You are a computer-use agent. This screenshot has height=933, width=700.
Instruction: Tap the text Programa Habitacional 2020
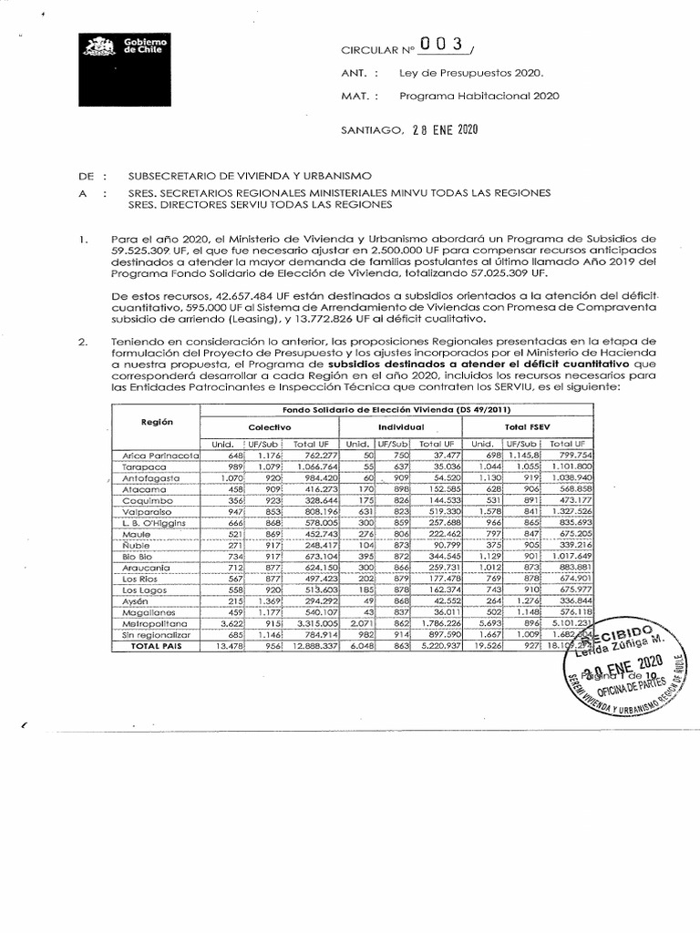tap(479, 95)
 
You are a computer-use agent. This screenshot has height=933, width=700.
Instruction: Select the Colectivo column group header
tap(269, 426)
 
